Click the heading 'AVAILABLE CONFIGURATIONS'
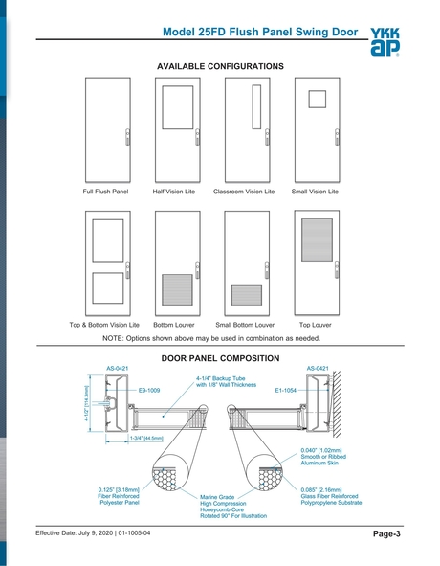219,66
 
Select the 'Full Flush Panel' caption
105,192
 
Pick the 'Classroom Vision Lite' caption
243,192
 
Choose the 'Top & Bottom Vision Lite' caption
104,325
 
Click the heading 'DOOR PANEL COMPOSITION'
219,357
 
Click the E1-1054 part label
287,391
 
